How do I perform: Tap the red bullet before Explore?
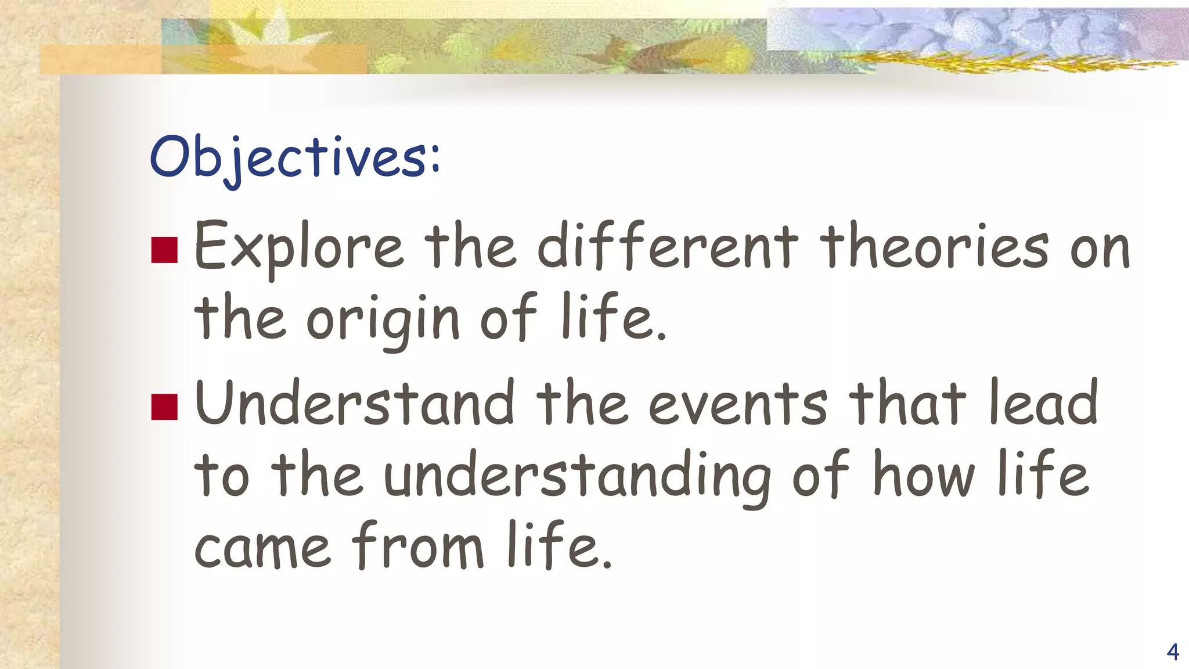click(x=164, y=250)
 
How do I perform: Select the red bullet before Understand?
click(x=164, y=407)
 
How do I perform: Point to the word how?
click(x=923, y=476)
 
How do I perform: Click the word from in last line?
click(x=418, y=546)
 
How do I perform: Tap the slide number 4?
click(x=1172, y=652)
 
